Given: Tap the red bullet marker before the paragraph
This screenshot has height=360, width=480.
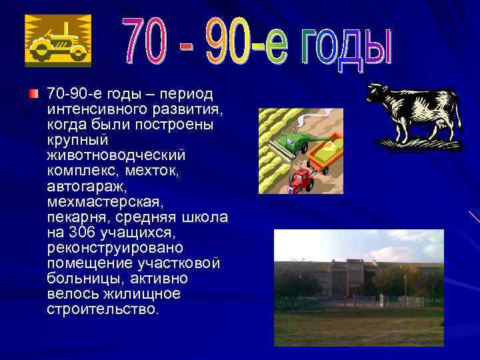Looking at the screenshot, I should [33, 92].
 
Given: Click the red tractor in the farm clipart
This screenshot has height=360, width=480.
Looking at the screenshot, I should [301, 178].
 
